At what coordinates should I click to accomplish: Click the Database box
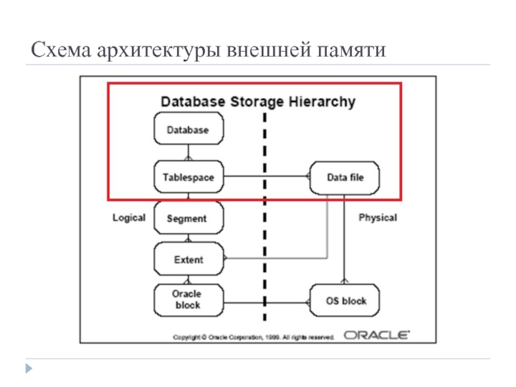tap(188, 130)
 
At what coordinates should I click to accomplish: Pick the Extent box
tap(188, 260)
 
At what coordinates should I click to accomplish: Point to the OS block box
tap(345, 301)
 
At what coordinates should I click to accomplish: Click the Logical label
tap(129, 218)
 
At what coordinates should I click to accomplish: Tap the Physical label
tap(377, 218)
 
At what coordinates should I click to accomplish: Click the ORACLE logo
tap(377, 335)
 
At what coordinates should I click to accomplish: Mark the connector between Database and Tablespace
tap(188, 154)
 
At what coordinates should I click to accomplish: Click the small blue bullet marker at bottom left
tap(28, 368)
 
